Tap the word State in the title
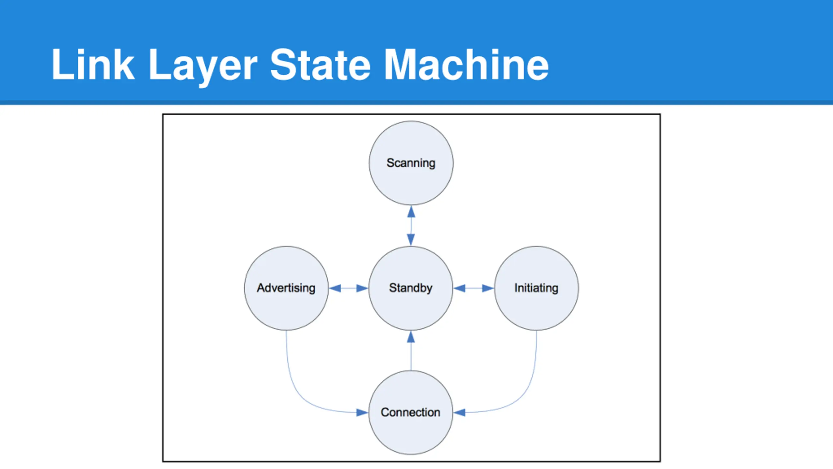(x=320, y=64)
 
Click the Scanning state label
(x=411, y=163)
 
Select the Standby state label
(x=411, y=288)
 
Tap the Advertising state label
(x=286, y=288)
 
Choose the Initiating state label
(x=536, y=288)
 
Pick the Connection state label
(x=411, y=412)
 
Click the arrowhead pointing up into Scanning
(x=411, y=212)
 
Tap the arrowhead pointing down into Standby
(x=411, y=240)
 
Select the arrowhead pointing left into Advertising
(x=335, y=288)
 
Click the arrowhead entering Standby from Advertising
(x=362, y=288)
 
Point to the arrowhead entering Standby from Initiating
(x=459, y=288)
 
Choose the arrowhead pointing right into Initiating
(x=488, y=288)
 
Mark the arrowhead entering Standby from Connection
(x=411, y=337)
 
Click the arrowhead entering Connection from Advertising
(x=362, y=413)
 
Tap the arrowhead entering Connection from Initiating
(x=459, y=413)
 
